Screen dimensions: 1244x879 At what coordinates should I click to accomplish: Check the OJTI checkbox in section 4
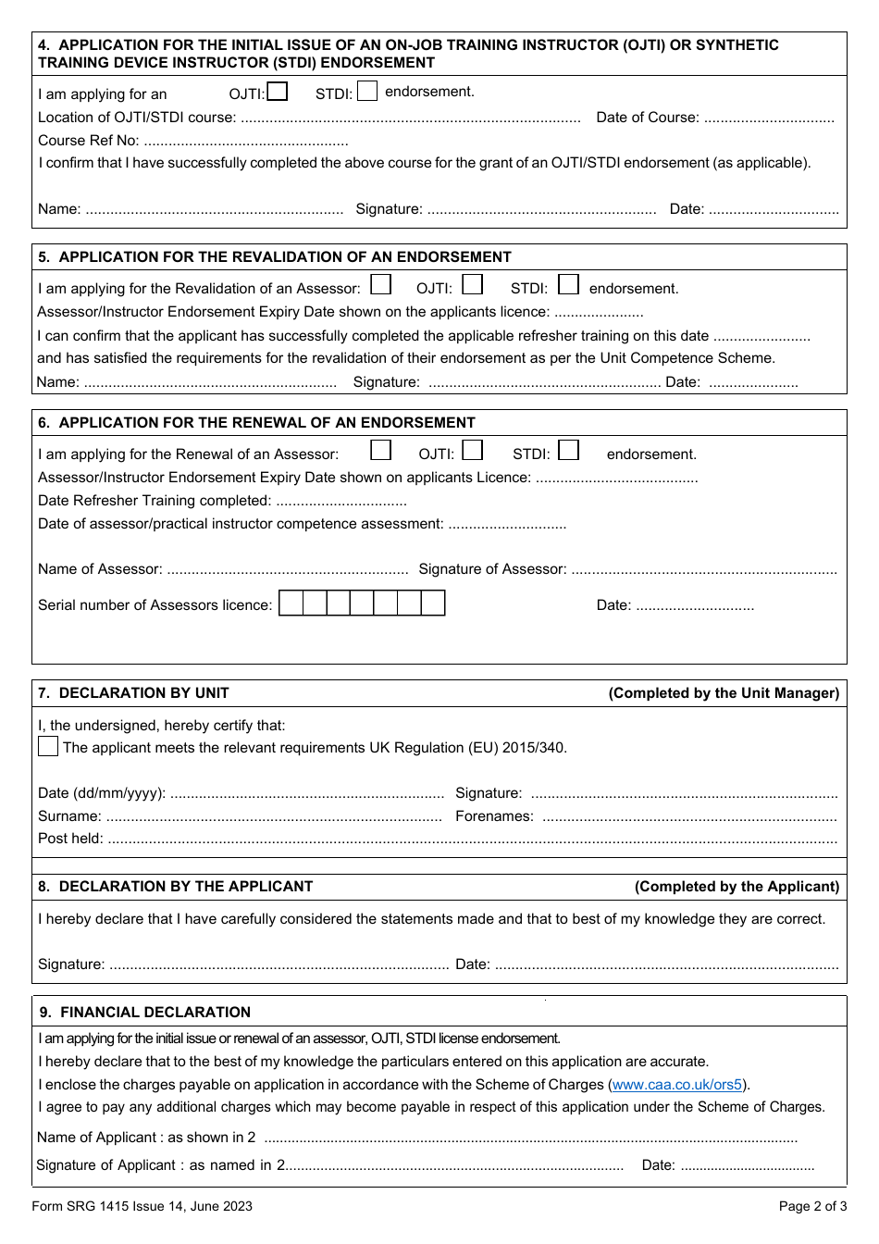[277, 92]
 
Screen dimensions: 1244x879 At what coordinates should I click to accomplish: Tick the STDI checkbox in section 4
[367, 91]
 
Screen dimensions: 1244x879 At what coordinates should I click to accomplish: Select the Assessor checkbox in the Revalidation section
[380, 284]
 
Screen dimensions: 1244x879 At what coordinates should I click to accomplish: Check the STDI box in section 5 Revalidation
[568, 284]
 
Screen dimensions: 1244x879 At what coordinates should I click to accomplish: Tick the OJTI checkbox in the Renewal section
[473, 451]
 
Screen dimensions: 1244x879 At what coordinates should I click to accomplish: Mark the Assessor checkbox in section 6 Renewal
[380, 451]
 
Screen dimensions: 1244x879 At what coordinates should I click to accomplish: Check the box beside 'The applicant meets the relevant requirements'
[48, 746]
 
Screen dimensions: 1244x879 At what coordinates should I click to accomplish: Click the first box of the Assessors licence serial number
[291, 603]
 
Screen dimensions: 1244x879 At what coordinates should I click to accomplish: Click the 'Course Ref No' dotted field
[246, 142]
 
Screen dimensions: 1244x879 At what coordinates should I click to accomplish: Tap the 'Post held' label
[70, 839]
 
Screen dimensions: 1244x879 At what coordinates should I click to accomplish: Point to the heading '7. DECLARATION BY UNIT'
[133, 693]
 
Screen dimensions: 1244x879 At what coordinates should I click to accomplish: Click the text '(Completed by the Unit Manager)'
[724, 693]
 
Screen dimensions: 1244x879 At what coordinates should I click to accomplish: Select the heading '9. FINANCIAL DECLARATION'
[144, 1013]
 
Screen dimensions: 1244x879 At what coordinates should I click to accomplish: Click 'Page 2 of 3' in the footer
[812, 1206]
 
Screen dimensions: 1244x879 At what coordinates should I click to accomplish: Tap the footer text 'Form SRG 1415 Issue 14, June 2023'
[142, 1206]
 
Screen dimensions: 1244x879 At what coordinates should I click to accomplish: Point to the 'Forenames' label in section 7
[494, 816]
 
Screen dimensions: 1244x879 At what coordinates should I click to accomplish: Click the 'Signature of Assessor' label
[492, 569]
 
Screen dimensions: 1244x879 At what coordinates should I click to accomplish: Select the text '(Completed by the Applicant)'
[737, 887]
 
